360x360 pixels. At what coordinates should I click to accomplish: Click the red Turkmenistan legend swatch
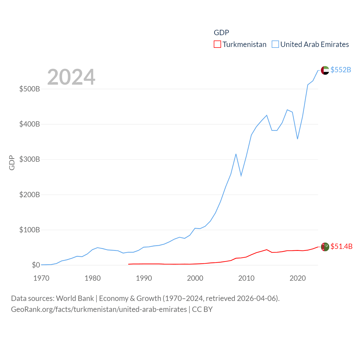tap(217, 44)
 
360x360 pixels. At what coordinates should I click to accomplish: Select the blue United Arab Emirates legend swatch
tap(275, 44)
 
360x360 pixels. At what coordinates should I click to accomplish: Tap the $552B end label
tap(341, 70)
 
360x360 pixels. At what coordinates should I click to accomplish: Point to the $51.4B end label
tap(341, 246)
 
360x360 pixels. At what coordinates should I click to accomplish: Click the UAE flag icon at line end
tap(325, 70)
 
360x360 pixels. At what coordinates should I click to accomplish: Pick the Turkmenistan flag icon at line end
tap(325, 247)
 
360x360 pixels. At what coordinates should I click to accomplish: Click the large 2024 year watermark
tap(71, 77)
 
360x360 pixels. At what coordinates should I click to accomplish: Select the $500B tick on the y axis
tap(30, 89)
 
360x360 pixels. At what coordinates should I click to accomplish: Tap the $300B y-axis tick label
tap(30, 159)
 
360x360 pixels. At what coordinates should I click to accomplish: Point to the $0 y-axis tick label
tap(36, 265)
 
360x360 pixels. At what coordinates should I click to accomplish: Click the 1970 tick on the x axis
tap(41, 278)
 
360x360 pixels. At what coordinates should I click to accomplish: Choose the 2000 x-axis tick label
tap(195, 278)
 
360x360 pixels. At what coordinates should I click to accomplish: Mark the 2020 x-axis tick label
tap(298, 278)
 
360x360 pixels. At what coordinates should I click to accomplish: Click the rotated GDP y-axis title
tap(12, 163)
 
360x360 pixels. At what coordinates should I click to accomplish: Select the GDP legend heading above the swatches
tap(221, 33)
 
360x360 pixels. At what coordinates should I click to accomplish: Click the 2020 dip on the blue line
tap(298, 139)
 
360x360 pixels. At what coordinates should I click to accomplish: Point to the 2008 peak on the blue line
tap(236, 154)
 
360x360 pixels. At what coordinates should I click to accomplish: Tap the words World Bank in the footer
tap(75, 298)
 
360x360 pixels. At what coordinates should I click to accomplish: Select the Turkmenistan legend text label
tap(244, 44)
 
